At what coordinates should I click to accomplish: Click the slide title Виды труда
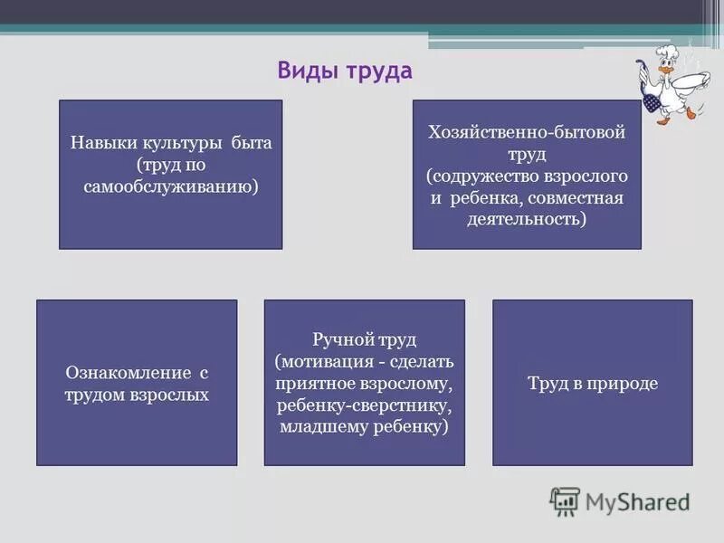344,71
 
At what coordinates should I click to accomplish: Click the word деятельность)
528,218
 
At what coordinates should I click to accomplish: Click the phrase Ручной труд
365,339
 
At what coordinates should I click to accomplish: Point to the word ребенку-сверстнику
365,405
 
